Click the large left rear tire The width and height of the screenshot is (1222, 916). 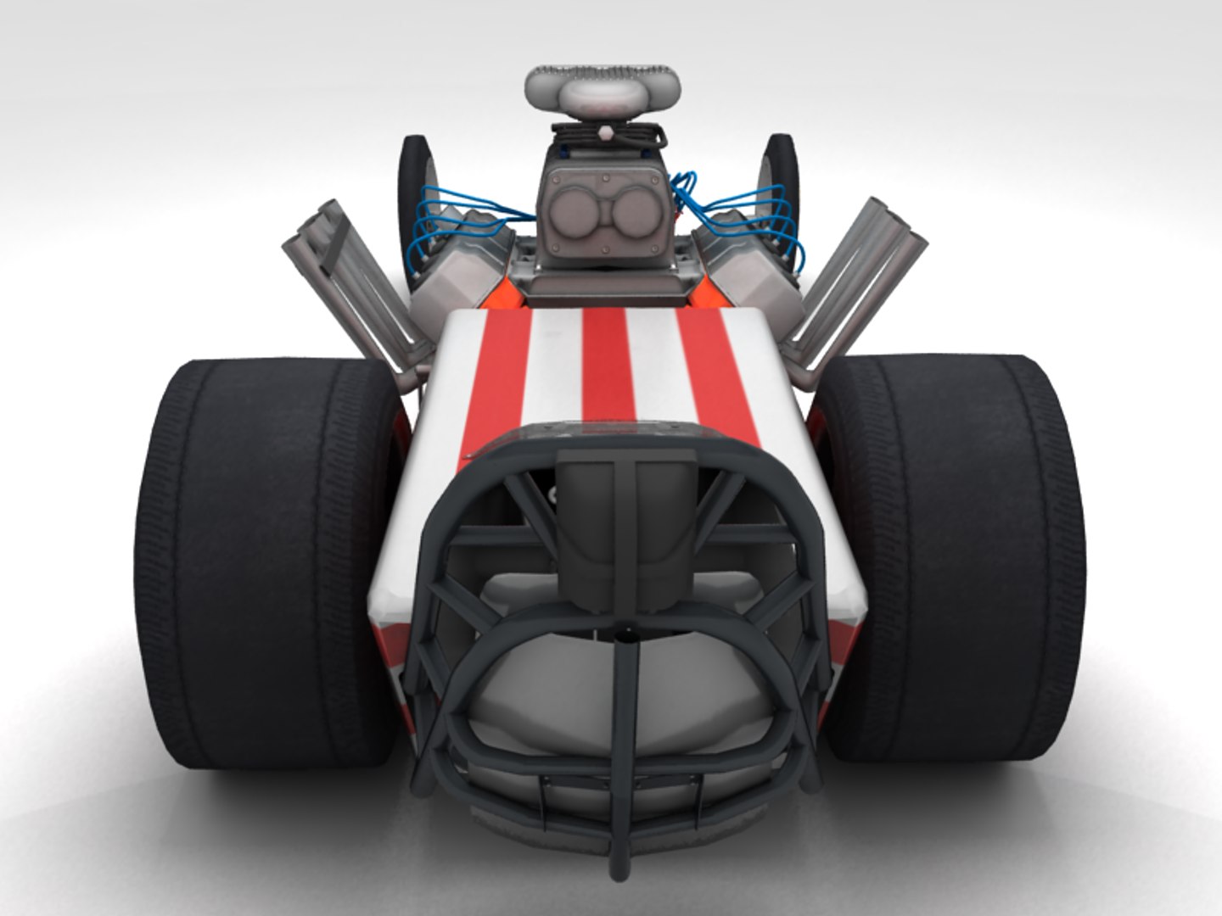click(255, 560)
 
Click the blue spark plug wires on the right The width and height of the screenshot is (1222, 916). click(747, 216)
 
